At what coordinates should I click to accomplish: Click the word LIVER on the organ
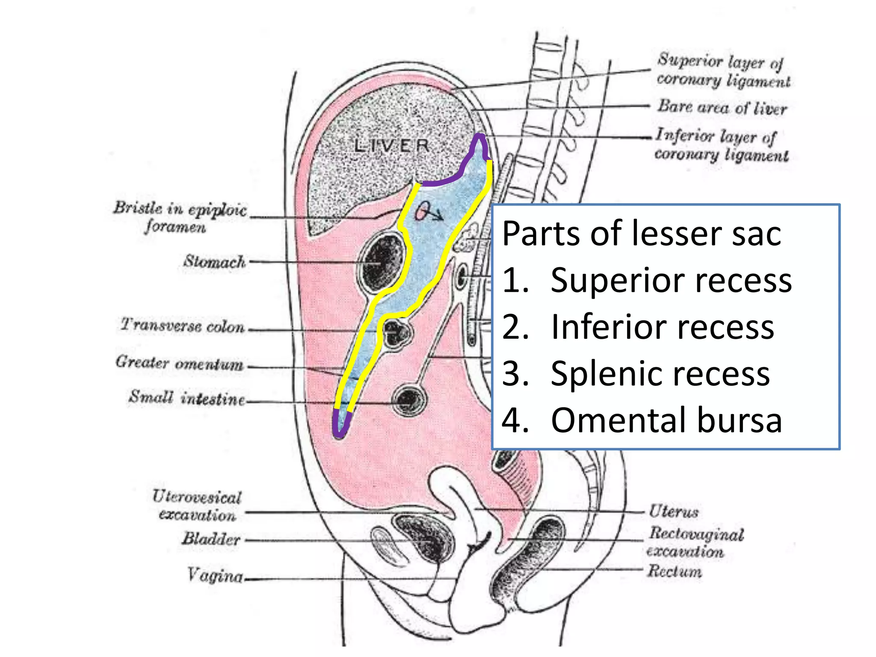click(x=391, y=146)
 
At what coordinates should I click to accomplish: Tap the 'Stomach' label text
click(x=215, y=261)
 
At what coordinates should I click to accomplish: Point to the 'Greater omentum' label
click(x=180, y=363)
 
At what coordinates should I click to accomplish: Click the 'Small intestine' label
click(x=187, y=398)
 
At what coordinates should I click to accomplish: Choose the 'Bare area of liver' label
click(x=722, y=107)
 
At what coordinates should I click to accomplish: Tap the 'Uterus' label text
click(x=674, y=511)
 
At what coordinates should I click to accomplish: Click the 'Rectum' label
click(x=674, y=571)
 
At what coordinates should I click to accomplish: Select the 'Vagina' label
click(x=215, y=576)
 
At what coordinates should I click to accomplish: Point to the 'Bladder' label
click(x=211, y=539)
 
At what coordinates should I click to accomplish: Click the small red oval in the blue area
click(x=422, y=210)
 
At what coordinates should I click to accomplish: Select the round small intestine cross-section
click(x=409, y=400)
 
